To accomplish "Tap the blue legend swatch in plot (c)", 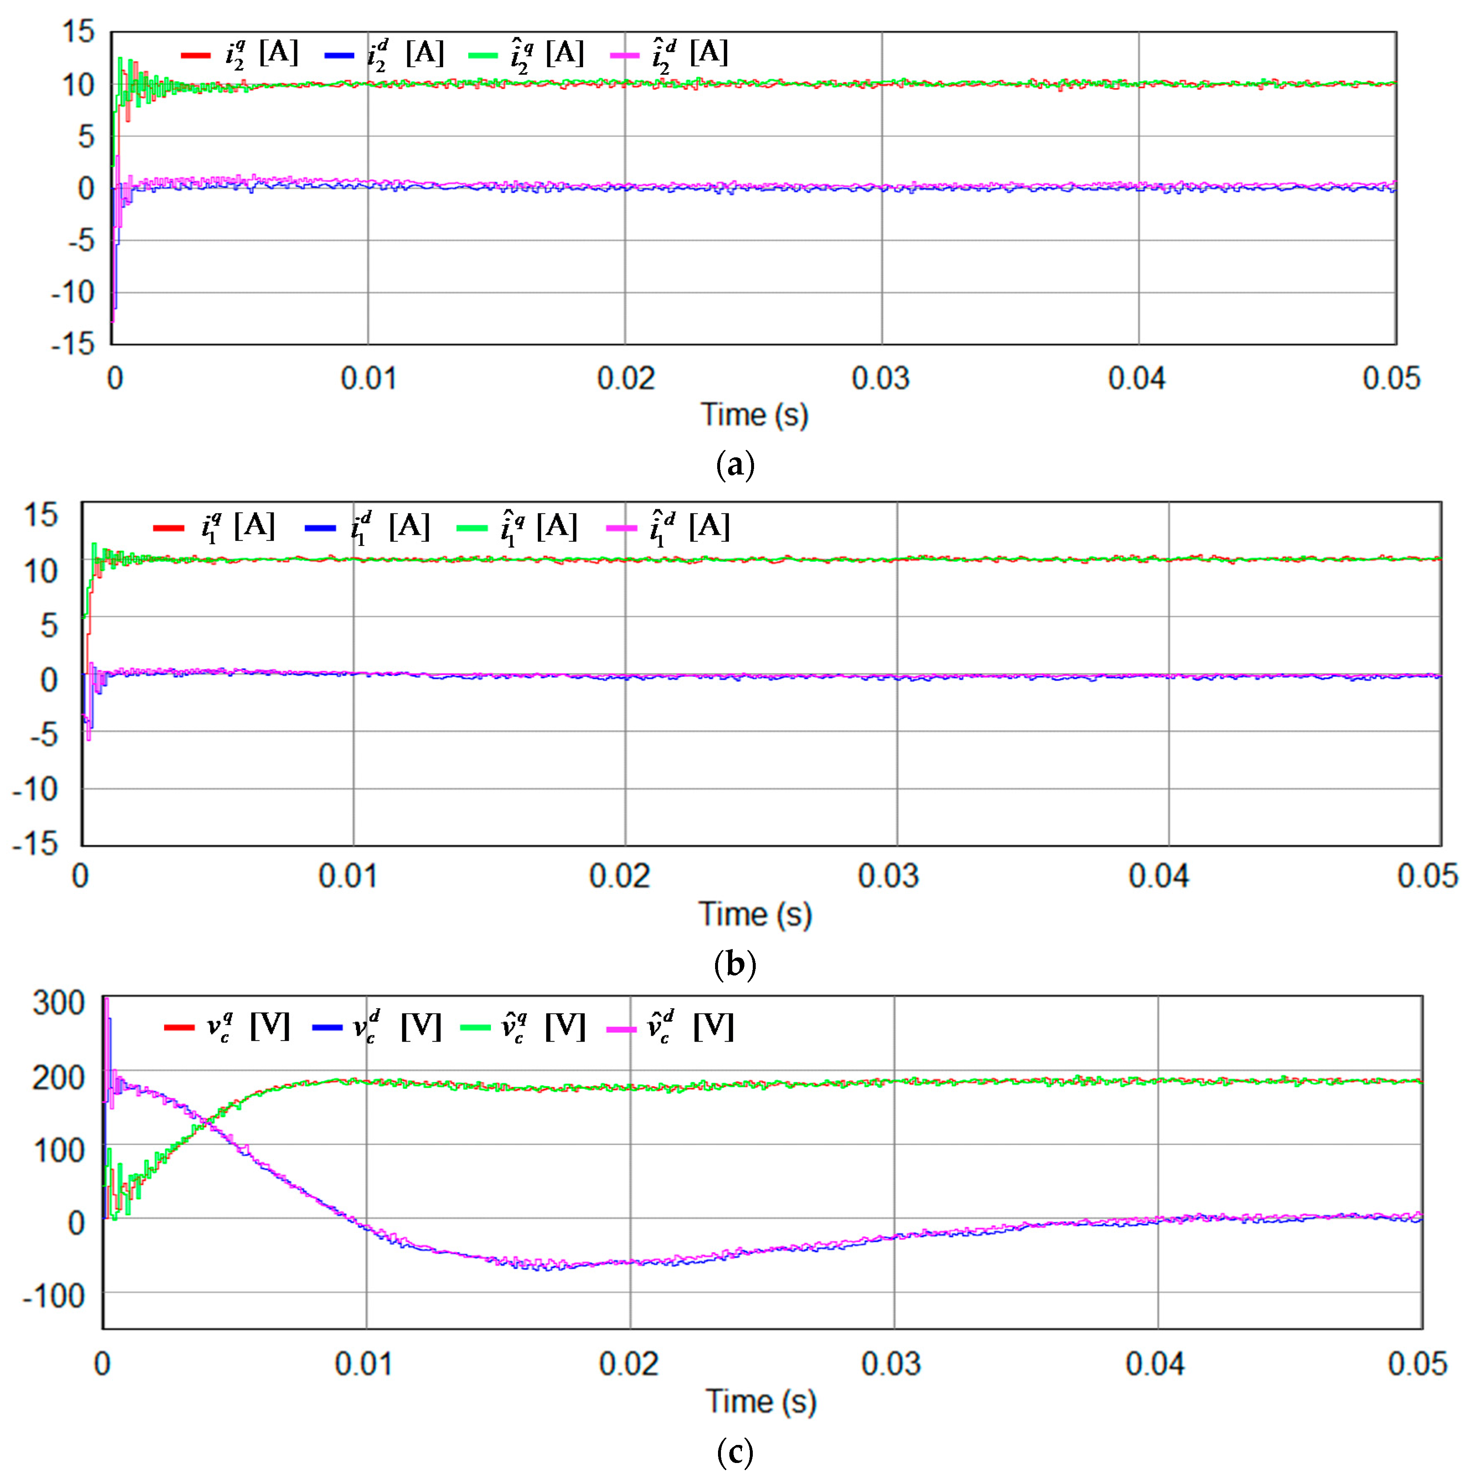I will pos(327,1027).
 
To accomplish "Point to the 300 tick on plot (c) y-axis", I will pos(58,1003).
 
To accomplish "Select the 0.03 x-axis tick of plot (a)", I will pos(881,379).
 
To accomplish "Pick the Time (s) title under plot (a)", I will pos(755,415).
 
